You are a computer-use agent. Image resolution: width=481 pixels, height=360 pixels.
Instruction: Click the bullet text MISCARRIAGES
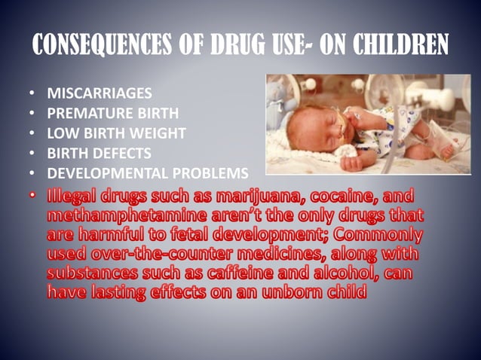point(100,95)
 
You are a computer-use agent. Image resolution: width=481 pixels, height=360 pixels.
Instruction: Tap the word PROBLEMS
point(216,173)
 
